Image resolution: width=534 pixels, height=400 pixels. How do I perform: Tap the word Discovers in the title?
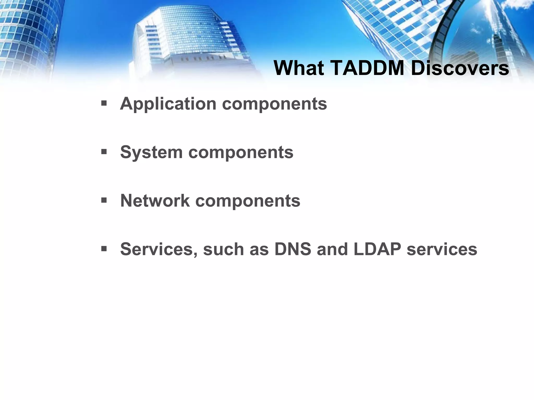pos(460,68)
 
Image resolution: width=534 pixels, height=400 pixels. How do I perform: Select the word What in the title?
pos(299,68)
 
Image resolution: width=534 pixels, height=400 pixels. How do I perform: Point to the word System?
pos(151,152)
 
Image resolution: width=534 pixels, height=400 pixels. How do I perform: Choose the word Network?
pos(155,201)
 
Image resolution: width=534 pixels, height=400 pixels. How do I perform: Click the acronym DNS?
pos(293,249)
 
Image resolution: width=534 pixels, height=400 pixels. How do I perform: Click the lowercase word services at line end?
pos(442,249)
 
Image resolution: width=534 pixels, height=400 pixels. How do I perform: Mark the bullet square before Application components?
pos(104,104)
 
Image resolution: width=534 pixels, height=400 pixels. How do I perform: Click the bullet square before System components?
pos(104,152)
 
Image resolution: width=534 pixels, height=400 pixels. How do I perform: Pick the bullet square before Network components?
pos(104,200)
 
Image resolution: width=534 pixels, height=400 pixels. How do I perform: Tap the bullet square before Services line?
pos(104,249)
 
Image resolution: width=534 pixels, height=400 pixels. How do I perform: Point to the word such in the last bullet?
pos(223,249)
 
